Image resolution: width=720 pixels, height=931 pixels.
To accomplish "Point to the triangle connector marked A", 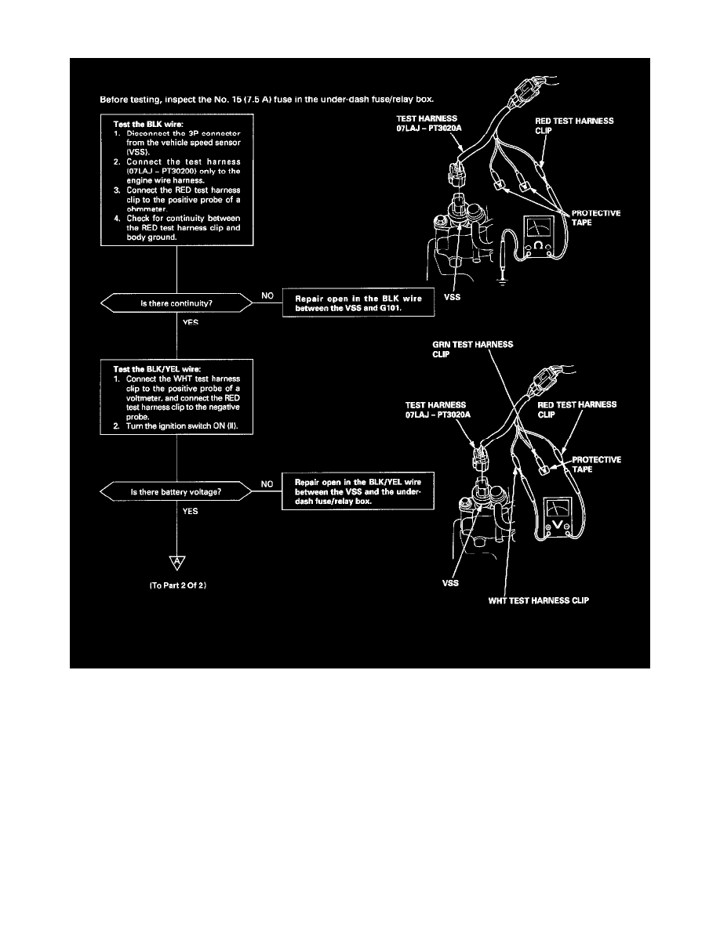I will click(x=177, y=562).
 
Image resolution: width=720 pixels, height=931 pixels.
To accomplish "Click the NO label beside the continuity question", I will click(x=267, y=296).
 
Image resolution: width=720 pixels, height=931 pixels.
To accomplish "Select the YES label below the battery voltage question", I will click(x=190, y=510).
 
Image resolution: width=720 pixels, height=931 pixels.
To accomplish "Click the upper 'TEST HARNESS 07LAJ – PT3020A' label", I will click(x=428, y=121).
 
